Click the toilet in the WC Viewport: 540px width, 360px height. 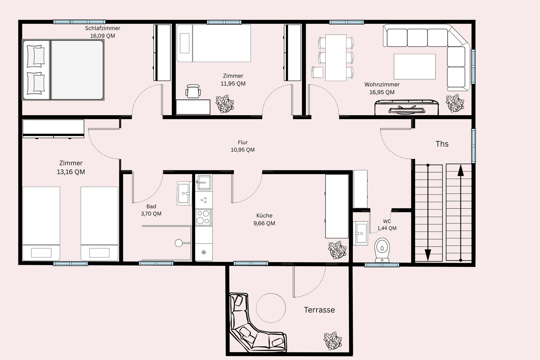click(382, 250)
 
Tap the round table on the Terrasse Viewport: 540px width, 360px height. click(271, 308)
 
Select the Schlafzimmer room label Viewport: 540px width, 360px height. click(103, 28)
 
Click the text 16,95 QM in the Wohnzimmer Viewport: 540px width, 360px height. click(382, 92)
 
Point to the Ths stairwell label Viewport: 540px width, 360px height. click(442, 144)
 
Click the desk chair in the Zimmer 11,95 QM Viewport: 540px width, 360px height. click(193, 91)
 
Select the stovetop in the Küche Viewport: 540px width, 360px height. click(204, 217)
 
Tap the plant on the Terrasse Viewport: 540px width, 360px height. click(333, 341)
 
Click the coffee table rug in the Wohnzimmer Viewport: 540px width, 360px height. click(415, 67)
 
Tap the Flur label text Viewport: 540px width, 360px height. click(243, 142)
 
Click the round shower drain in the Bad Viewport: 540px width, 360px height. click(179, 243)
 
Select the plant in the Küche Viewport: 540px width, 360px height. click(337, 250)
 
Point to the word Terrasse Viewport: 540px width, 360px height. click(319, 310)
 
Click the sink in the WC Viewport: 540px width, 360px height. click(361, 233)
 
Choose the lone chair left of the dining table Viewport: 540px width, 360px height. click(317, 73)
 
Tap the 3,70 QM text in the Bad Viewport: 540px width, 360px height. click(151, 213)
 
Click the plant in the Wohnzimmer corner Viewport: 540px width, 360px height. click(455, 103)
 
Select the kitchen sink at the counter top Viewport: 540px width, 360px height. click(204, 182)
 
